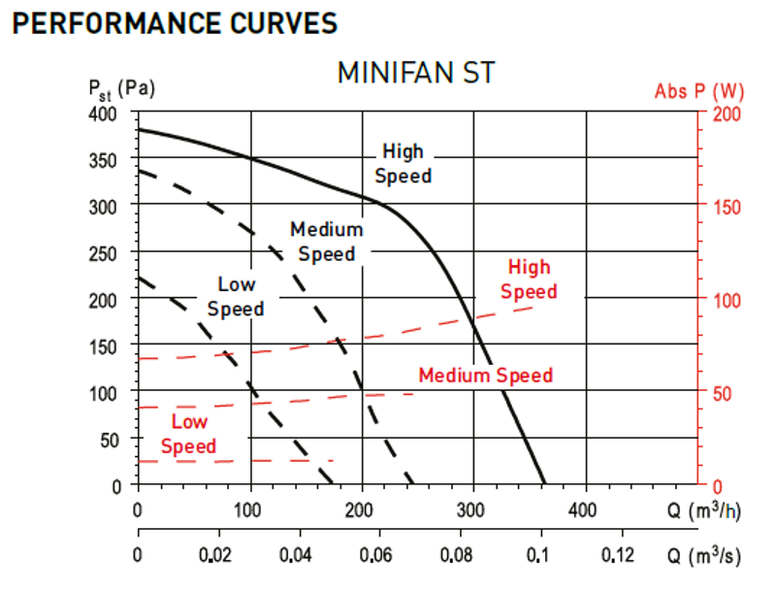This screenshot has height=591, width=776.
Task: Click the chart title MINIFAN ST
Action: (416, 73)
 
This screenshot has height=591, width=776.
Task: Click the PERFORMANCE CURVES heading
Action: (175, 23)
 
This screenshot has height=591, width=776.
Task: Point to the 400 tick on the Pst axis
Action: (103, 114)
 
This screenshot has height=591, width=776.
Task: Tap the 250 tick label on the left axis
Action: (103, 254)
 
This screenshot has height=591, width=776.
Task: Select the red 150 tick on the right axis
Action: (727, 207)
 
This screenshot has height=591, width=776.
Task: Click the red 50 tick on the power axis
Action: (722, 393)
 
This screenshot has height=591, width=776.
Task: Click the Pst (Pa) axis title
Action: (121, 90)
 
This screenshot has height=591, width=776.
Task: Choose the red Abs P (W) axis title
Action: (699, 91)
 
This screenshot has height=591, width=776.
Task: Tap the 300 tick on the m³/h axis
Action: (470, 509)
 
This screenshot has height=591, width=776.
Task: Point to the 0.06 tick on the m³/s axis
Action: (375, 555)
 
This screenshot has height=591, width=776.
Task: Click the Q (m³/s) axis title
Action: (704, 554)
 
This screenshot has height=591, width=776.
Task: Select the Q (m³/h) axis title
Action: (704, 509)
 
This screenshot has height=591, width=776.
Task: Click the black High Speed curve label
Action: (404, 163)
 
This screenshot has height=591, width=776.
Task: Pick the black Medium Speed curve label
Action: (327, 242)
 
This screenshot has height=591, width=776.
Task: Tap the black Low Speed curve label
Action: (236, 297)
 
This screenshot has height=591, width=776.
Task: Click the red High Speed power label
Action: (529, 279)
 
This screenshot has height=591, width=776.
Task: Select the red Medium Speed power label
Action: (486, 376)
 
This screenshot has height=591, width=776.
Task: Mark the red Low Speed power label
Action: (188, 434)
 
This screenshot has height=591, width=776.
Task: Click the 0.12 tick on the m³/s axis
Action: (617, 555)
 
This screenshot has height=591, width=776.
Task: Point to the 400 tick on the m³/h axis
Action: (582, 509)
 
